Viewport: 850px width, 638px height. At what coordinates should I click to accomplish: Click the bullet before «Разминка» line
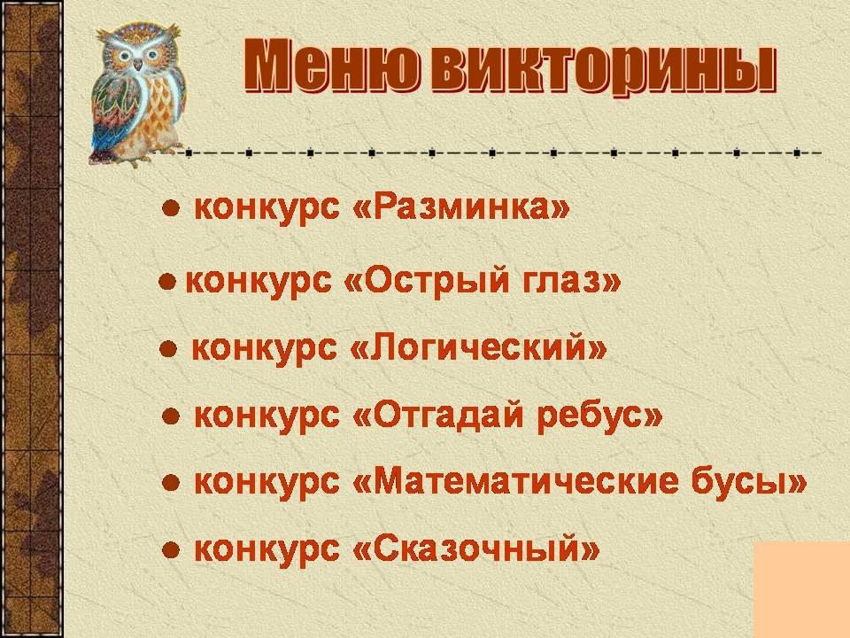pos(171,208)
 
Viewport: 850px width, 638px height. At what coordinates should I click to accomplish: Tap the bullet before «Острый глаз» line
pos(167,282)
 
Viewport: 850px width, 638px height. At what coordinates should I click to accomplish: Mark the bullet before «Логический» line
pos(168,349)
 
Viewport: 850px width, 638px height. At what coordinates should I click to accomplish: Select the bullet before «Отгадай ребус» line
pos(171,416)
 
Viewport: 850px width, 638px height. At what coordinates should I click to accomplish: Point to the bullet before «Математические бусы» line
pos(171,483)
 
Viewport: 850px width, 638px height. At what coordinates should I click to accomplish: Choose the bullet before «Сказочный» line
pos(171,550)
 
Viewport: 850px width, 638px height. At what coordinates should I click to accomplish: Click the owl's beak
pos(138,64)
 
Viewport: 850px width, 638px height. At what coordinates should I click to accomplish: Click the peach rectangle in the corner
pos(802,589)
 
